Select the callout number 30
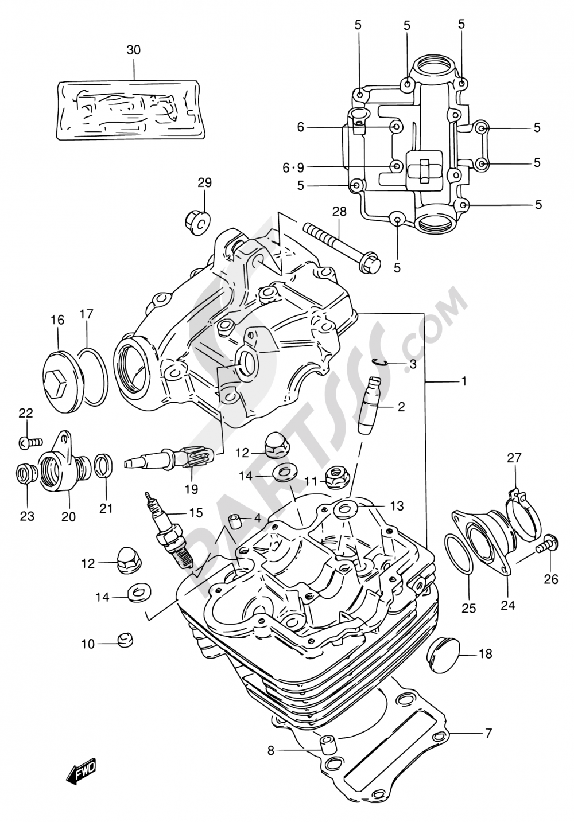tap(133, 50)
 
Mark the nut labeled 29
tap(198, 220)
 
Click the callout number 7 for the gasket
tap(488, 733)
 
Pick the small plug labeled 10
tap(125, 640)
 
